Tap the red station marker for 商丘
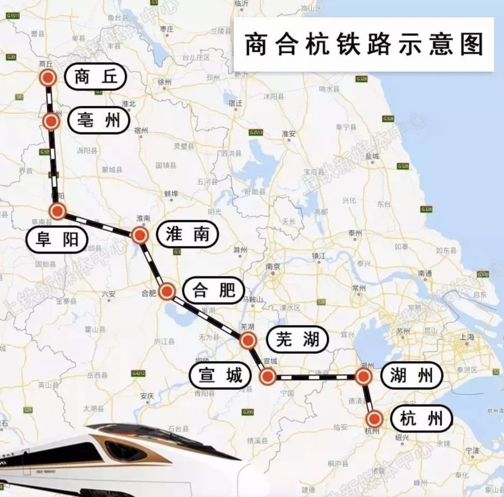click(48, 78)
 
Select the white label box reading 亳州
click(99, 121)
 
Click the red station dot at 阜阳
click(58, 211)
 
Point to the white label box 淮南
click(187, 234)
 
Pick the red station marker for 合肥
click(167, 291)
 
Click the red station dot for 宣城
click(268, 376)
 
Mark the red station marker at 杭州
click(374, 419)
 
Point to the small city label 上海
click(467, 337)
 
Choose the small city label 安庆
click(147, 395)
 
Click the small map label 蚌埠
click(171, 193)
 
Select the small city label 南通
click(425, 273)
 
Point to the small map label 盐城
click(372, 156)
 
